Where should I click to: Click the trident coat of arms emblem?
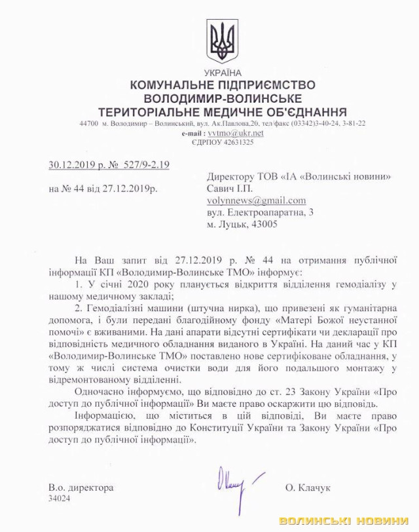(x=223, y=41)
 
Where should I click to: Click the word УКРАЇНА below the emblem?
(x=223, y=73)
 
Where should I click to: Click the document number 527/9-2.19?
(x=141, y=164)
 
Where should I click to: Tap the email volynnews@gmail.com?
(x=256, y=200)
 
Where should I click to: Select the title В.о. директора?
(x=81, y=487)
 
